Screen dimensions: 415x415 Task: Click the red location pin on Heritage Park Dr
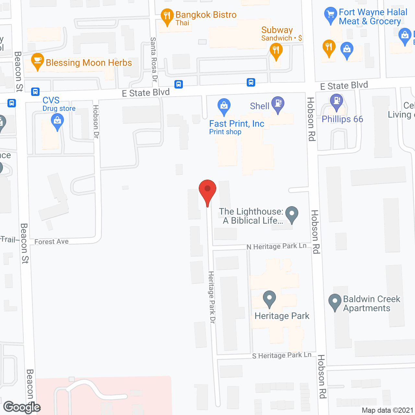point(207,190)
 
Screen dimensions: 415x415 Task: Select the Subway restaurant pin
point(276,51)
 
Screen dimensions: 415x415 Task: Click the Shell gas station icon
point(278,104)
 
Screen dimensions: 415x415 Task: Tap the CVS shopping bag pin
point(57,122)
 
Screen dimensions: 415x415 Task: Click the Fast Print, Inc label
point(237,124)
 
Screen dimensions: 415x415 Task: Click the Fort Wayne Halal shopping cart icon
point(330,15)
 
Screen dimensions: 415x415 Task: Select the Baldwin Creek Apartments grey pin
point(335,301)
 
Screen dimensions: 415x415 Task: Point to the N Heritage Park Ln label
point(276,246)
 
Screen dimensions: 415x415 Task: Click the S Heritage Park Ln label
point(281,355)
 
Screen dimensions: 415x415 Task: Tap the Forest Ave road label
point(51,242)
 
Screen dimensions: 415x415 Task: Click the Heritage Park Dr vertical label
point(212,297)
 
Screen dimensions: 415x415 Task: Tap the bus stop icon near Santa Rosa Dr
point(179,84)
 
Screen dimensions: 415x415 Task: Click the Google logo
point(22,407)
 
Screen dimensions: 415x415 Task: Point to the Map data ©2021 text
point(387,410)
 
